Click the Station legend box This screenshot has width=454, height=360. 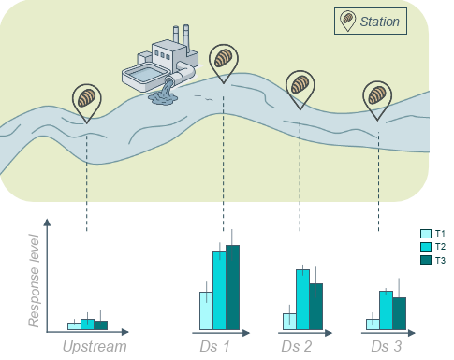pyautogui.click(x=371, y=22)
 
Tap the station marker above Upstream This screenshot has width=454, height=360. pyautogui.click(x=87, y=98)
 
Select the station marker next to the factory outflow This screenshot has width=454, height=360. pyautogui.click(x=224, y=61)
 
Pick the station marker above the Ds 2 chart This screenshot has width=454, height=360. pyautogui.click(x=300, y=87)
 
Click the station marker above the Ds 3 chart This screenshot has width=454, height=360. pyautogui.click(x=377, y=96)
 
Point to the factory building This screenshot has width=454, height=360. pyautogui.click(x=159, y=65)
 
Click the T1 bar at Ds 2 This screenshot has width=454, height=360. pyautogui.click(x=289, y=321)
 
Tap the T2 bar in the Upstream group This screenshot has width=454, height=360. pyautogui.click(x=87, y=324)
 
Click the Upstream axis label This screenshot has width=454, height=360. pyautogui.click(x=94, y=347)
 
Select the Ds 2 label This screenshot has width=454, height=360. pyautogui.click(x=297, y=347)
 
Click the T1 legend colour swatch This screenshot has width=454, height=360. pyautogui.click(x=425, y=234)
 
